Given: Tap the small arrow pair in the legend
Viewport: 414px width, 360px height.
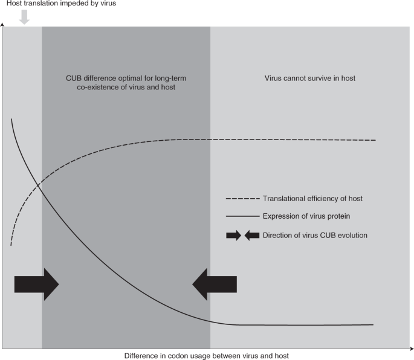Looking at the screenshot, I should point(242,234).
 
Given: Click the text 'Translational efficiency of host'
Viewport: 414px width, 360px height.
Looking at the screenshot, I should point(312,198).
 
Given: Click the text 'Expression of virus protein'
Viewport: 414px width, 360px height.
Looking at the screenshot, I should point(306,216).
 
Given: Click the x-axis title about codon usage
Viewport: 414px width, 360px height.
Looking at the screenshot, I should point(207,355).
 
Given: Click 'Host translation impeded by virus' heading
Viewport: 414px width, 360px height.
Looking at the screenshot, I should point(58,4).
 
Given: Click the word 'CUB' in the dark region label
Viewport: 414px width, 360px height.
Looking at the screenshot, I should point(74,78).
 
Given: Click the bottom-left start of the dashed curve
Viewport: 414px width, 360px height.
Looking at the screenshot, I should point(11,244).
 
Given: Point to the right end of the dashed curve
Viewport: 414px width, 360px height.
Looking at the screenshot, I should point(375,140).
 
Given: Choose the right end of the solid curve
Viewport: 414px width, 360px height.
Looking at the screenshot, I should point(373,325).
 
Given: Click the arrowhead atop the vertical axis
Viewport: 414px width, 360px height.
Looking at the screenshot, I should point(3,25).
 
